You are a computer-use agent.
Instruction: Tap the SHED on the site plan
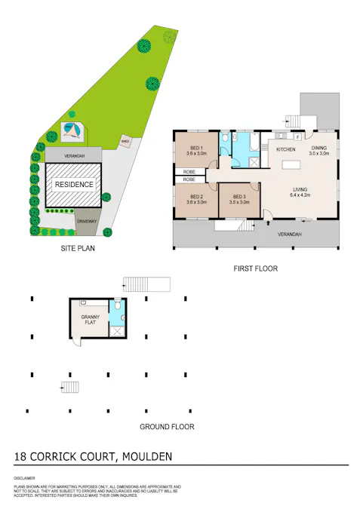[125, 140]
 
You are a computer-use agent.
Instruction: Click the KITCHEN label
[286, 150]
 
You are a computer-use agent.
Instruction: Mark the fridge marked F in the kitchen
[298, 138]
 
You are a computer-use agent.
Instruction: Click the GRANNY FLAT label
[91, 320]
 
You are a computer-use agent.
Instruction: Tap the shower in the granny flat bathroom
[116, 330]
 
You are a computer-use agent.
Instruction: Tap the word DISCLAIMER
[23, 479]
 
